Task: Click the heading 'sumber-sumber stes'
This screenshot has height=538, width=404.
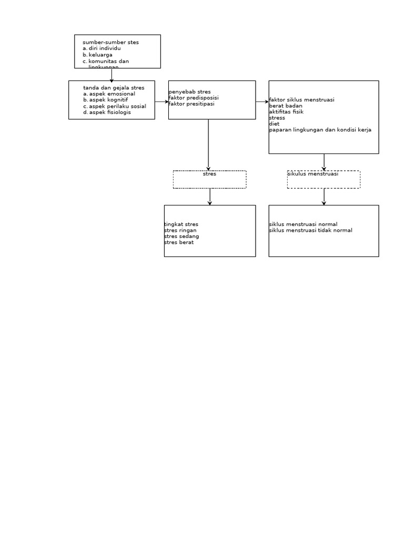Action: tap(110, 43)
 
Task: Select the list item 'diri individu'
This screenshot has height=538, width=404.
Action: tap(105, 48)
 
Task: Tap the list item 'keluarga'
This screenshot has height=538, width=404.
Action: tap(100, 55)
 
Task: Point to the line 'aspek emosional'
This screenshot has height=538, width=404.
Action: tap(112, 94)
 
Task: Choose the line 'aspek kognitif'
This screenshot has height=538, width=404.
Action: tap(108, 100)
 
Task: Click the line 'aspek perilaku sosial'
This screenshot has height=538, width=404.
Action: tap(117, 106)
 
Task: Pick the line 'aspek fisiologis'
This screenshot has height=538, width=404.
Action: tap(110, 112)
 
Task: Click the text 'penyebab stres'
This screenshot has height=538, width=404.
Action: tap(189, 92)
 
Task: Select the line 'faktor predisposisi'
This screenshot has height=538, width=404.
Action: tap(194, 98)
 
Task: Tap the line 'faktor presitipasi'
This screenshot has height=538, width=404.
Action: tap(191, 104)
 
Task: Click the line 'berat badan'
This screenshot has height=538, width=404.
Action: tap(286, 106)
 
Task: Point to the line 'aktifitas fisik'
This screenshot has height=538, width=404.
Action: tap(286, 112)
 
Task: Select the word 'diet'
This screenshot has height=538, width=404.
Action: tap(274, 124)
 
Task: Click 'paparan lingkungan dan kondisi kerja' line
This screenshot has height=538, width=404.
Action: tap(320, 130)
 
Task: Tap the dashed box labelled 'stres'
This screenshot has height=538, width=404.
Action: tap(209, 179)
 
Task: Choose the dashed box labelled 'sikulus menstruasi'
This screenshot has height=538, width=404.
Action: tap(324, 179)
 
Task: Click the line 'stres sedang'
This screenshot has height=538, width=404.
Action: tap(181, 236)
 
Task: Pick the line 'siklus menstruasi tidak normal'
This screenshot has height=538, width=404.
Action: tap(310, 231)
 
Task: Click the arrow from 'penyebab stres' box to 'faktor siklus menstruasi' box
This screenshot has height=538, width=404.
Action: tap(262, 102)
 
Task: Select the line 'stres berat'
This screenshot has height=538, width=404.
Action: tap(179, 243)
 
